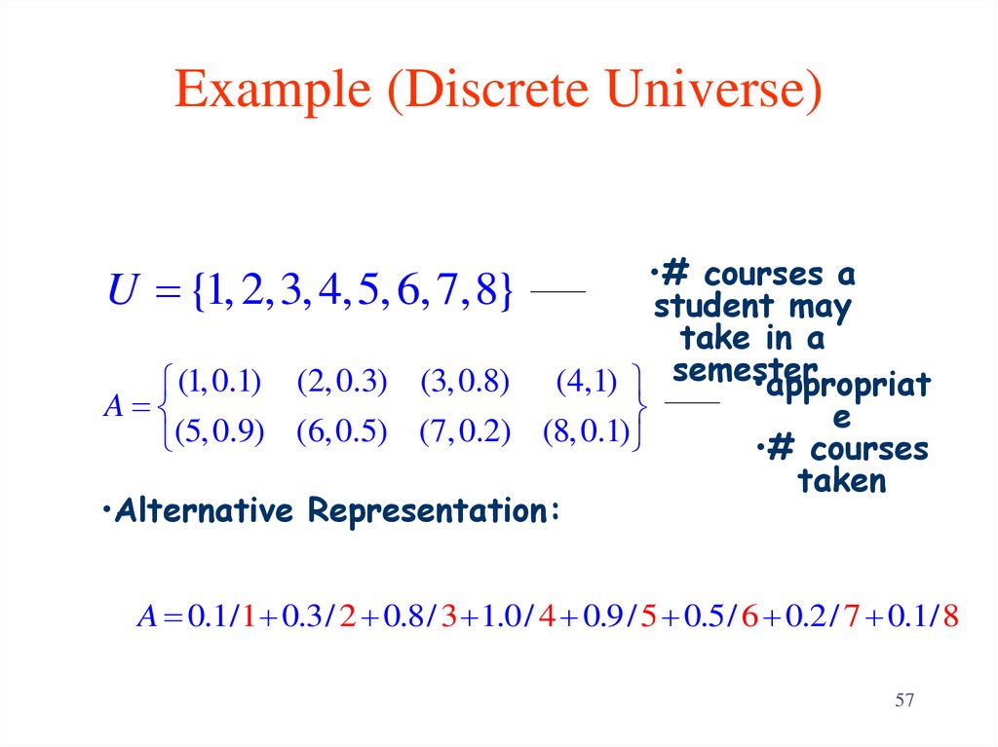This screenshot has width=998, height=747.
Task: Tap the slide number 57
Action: coord(905,701)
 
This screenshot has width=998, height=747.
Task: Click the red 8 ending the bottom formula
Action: coord(951,616)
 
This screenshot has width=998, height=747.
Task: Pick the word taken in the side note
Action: coord(842,481)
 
